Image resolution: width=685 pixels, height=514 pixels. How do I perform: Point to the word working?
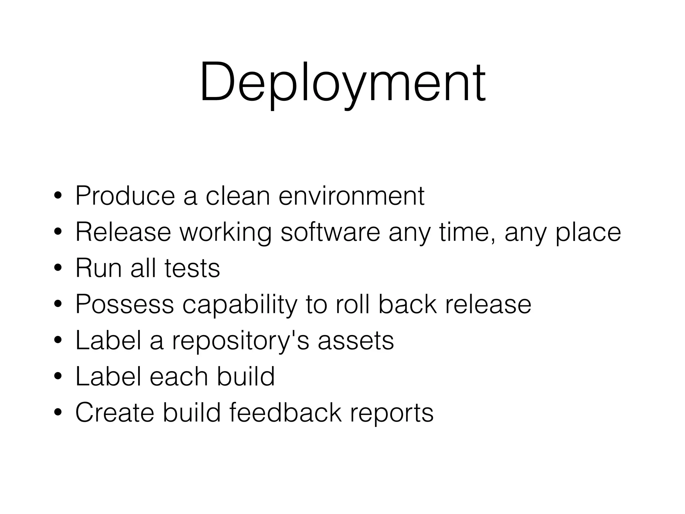pos(226,233)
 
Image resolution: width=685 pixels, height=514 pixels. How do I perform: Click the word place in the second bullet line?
pos(588,233)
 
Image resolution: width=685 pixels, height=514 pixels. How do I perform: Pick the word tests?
pos(192,268)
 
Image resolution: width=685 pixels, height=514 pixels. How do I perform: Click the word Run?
pos(98,268)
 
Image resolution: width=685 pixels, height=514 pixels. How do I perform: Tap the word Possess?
pos(124,304)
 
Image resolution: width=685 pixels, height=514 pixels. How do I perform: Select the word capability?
pos(239,305)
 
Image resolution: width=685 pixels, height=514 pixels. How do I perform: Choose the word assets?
pos(356,341)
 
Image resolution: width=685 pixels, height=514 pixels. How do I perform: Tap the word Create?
pos(115,413)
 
